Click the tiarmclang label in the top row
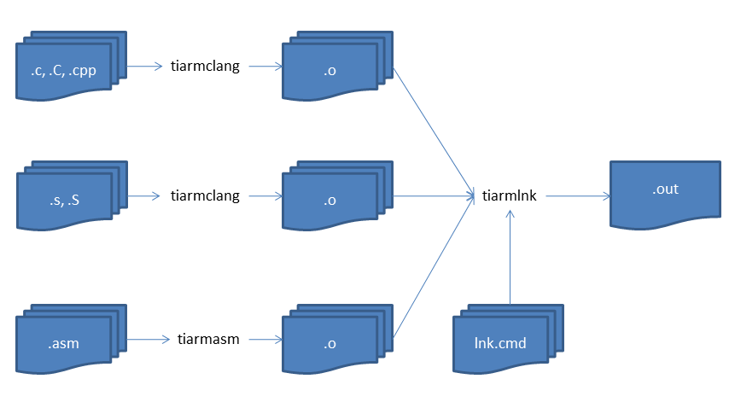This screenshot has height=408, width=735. point(205,66)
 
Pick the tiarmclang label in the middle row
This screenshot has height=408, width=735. point(205,195)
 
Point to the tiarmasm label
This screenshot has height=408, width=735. point(209,339)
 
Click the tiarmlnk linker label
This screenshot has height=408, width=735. point(510,195)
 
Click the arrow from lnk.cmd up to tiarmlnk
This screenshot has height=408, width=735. point(510,256)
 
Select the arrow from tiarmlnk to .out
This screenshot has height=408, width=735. point(578,195)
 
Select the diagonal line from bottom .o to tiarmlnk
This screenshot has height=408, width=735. point(433,268)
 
